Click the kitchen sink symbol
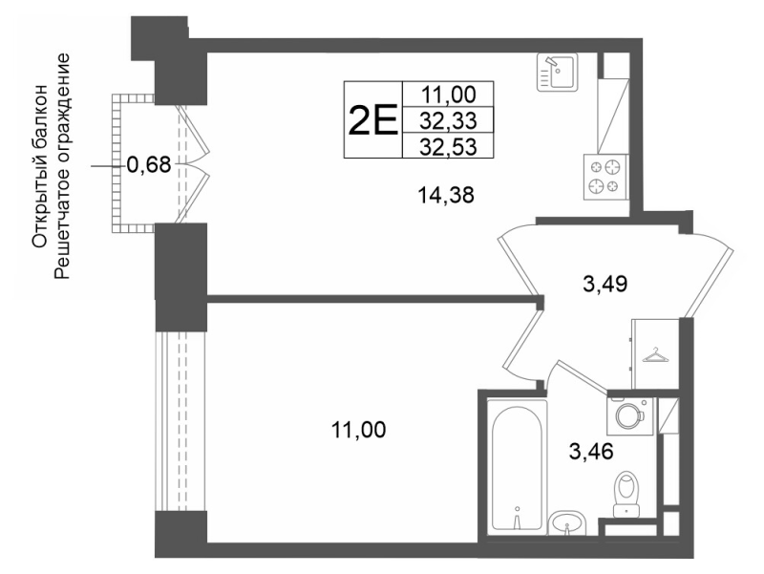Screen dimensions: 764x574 pyautogui.click(x=557, y=73)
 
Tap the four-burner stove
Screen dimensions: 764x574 pyautogui.click(x=606, y=177)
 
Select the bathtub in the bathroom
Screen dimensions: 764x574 pyautogui.click(x=518, y=465)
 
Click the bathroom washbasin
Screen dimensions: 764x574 pyautogui.click(x=566, y=523)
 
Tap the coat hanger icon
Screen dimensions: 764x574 pyautogui.click(x=656, y=355)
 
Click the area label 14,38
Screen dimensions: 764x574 pyautogui.click(x=446, y=196)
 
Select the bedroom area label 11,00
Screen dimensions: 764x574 pyautogui.click(x=358, y=430)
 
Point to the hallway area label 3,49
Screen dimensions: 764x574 pyautogui.click(x=605, y=284)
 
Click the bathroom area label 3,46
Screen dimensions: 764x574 pyautogui.click(x=590, y=452)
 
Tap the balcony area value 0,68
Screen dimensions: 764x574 pyautogui.click(x=149, y=165)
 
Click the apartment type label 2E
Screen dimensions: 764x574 pyautogui.click(x=372, y=120)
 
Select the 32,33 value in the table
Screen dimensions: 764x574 pyautogui.click(x=448, y=120)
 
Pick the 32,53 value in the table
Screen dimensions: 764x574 pyautogui.click(x=448, y=146)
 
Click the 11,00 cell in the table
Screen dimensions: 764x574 pyautogui.click(x=448, y=95)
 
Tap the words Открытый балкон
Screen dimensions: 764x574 pyautogui.click(x=39, y=166)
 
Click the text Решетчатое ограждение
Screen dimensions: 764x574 pyautogui.click(x=62, y=166)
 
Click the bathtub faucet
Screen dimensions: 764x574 pyautogui.click(x=518, y=517)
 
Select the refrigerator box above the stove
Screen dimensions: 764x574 pyautogui.click(x=613, y=116)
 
